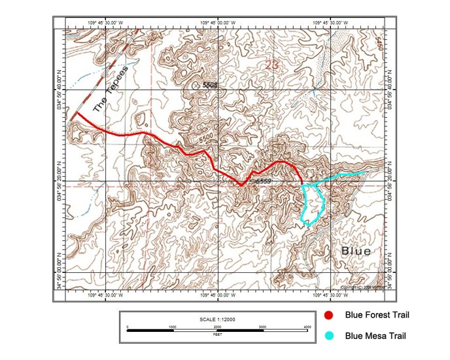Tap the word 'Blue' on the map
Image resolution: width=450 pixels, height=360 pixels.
tap(355, 251)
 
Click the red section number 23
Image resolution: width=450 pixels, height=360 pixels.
tap(272, 63)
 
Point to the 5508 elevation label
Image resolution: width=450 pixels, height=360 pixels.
tap(209, 85)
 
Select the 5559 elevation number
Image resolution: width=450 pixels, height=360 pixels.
tap(263, 181)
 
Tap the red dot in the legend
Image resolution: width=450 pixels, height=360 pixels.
tap(330, 316)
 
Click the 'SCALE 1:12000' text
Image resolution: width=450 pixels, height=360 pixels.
tap(218, 319)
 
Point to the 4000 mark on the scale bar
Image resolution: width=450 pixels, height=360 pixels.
tap(307, 326)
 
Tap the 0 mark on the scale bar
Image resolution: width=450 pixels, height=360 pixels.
tap(128, 326)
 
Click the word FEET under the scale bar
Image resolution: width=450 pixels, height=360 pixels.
tap(218, 334)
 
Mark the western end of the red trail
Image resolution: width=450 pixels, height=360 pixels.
tap(75, 114)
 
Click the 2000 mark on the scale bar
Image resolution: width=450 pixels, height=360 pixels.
tap(217, 326)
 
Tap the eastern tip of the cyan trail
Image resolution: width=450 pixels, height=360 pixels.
tap(364, 172)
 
